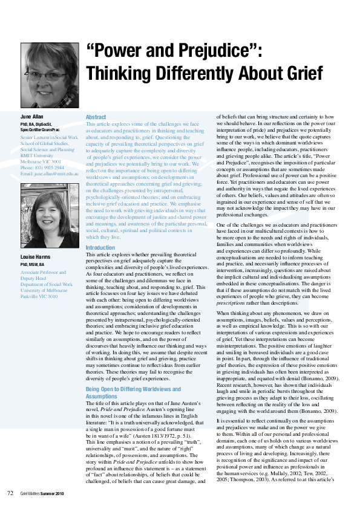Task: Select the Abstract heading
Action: [x=96, y=117]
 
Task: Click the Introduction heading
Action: [x=100, y=248]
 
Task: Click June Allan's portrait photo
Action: [x=50, y=75]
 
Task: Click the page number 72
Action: [x=10, y=493]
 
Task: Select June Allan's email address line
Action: [x=50, y=173]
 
